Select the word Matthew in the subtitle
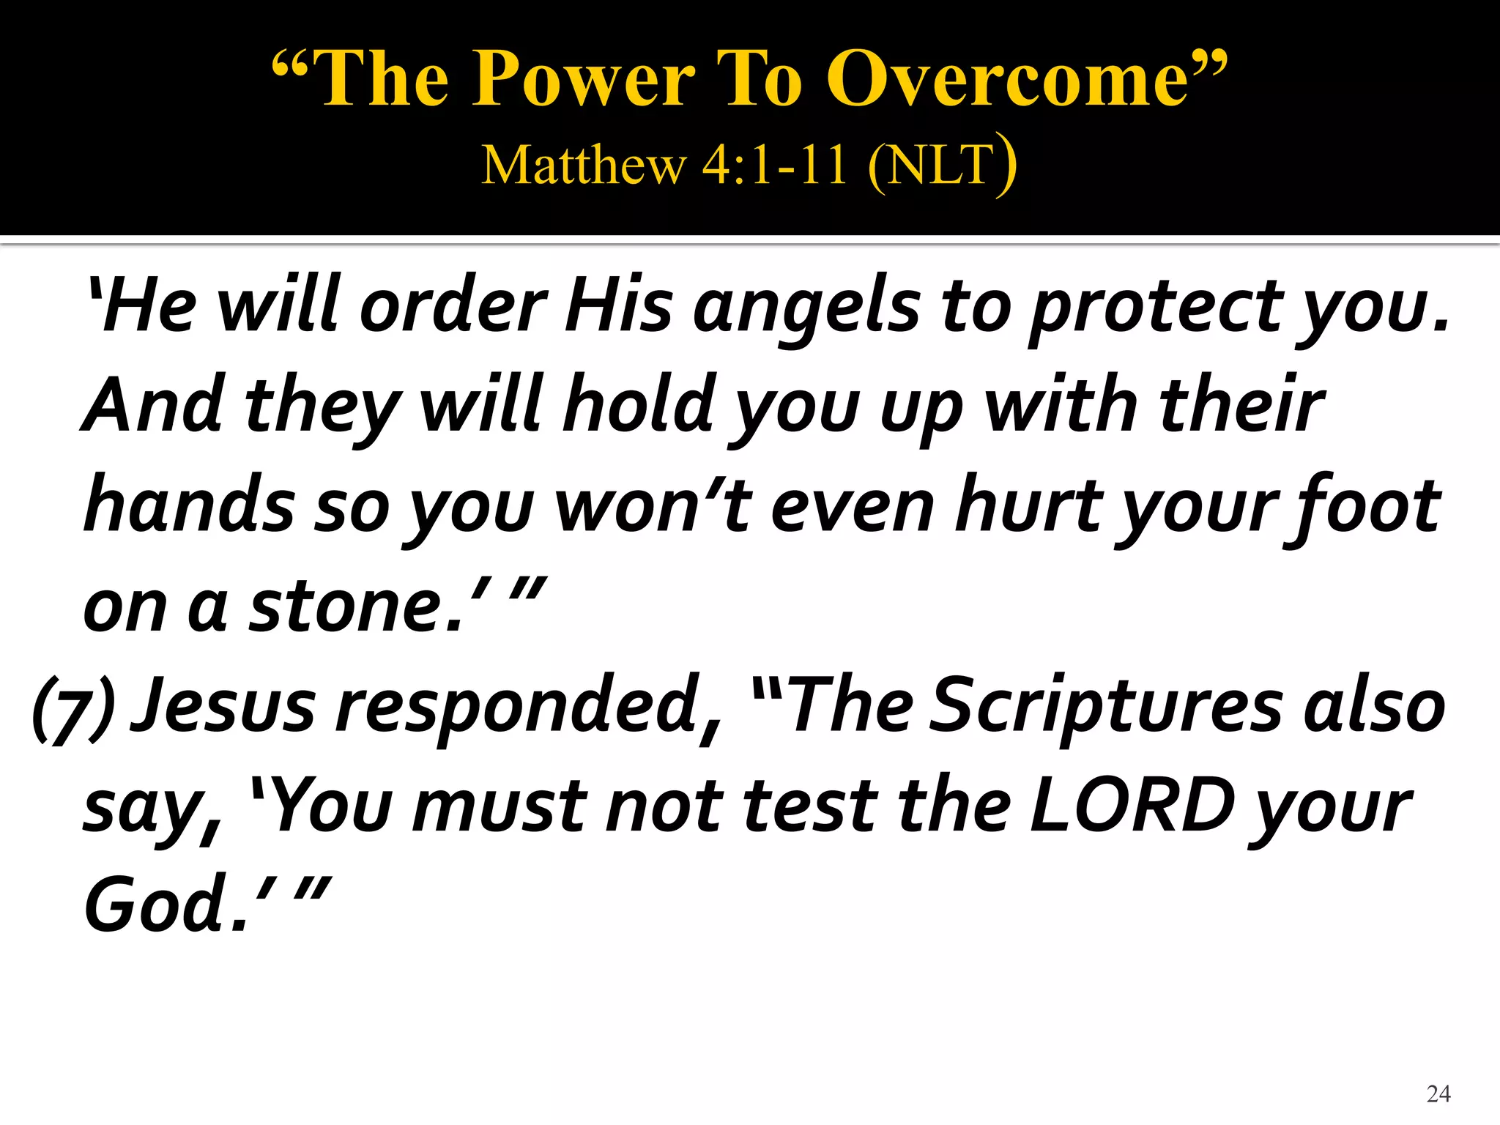point(584,165)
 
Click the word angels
point(806,308)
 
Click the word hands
point(190,505)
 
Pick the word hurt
point(1033,505)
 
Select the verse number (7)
point(73,707)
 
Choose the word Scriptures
point(1106,707)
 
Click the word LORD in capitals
point(1132,806)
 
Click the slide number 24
point(1438,1094)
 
